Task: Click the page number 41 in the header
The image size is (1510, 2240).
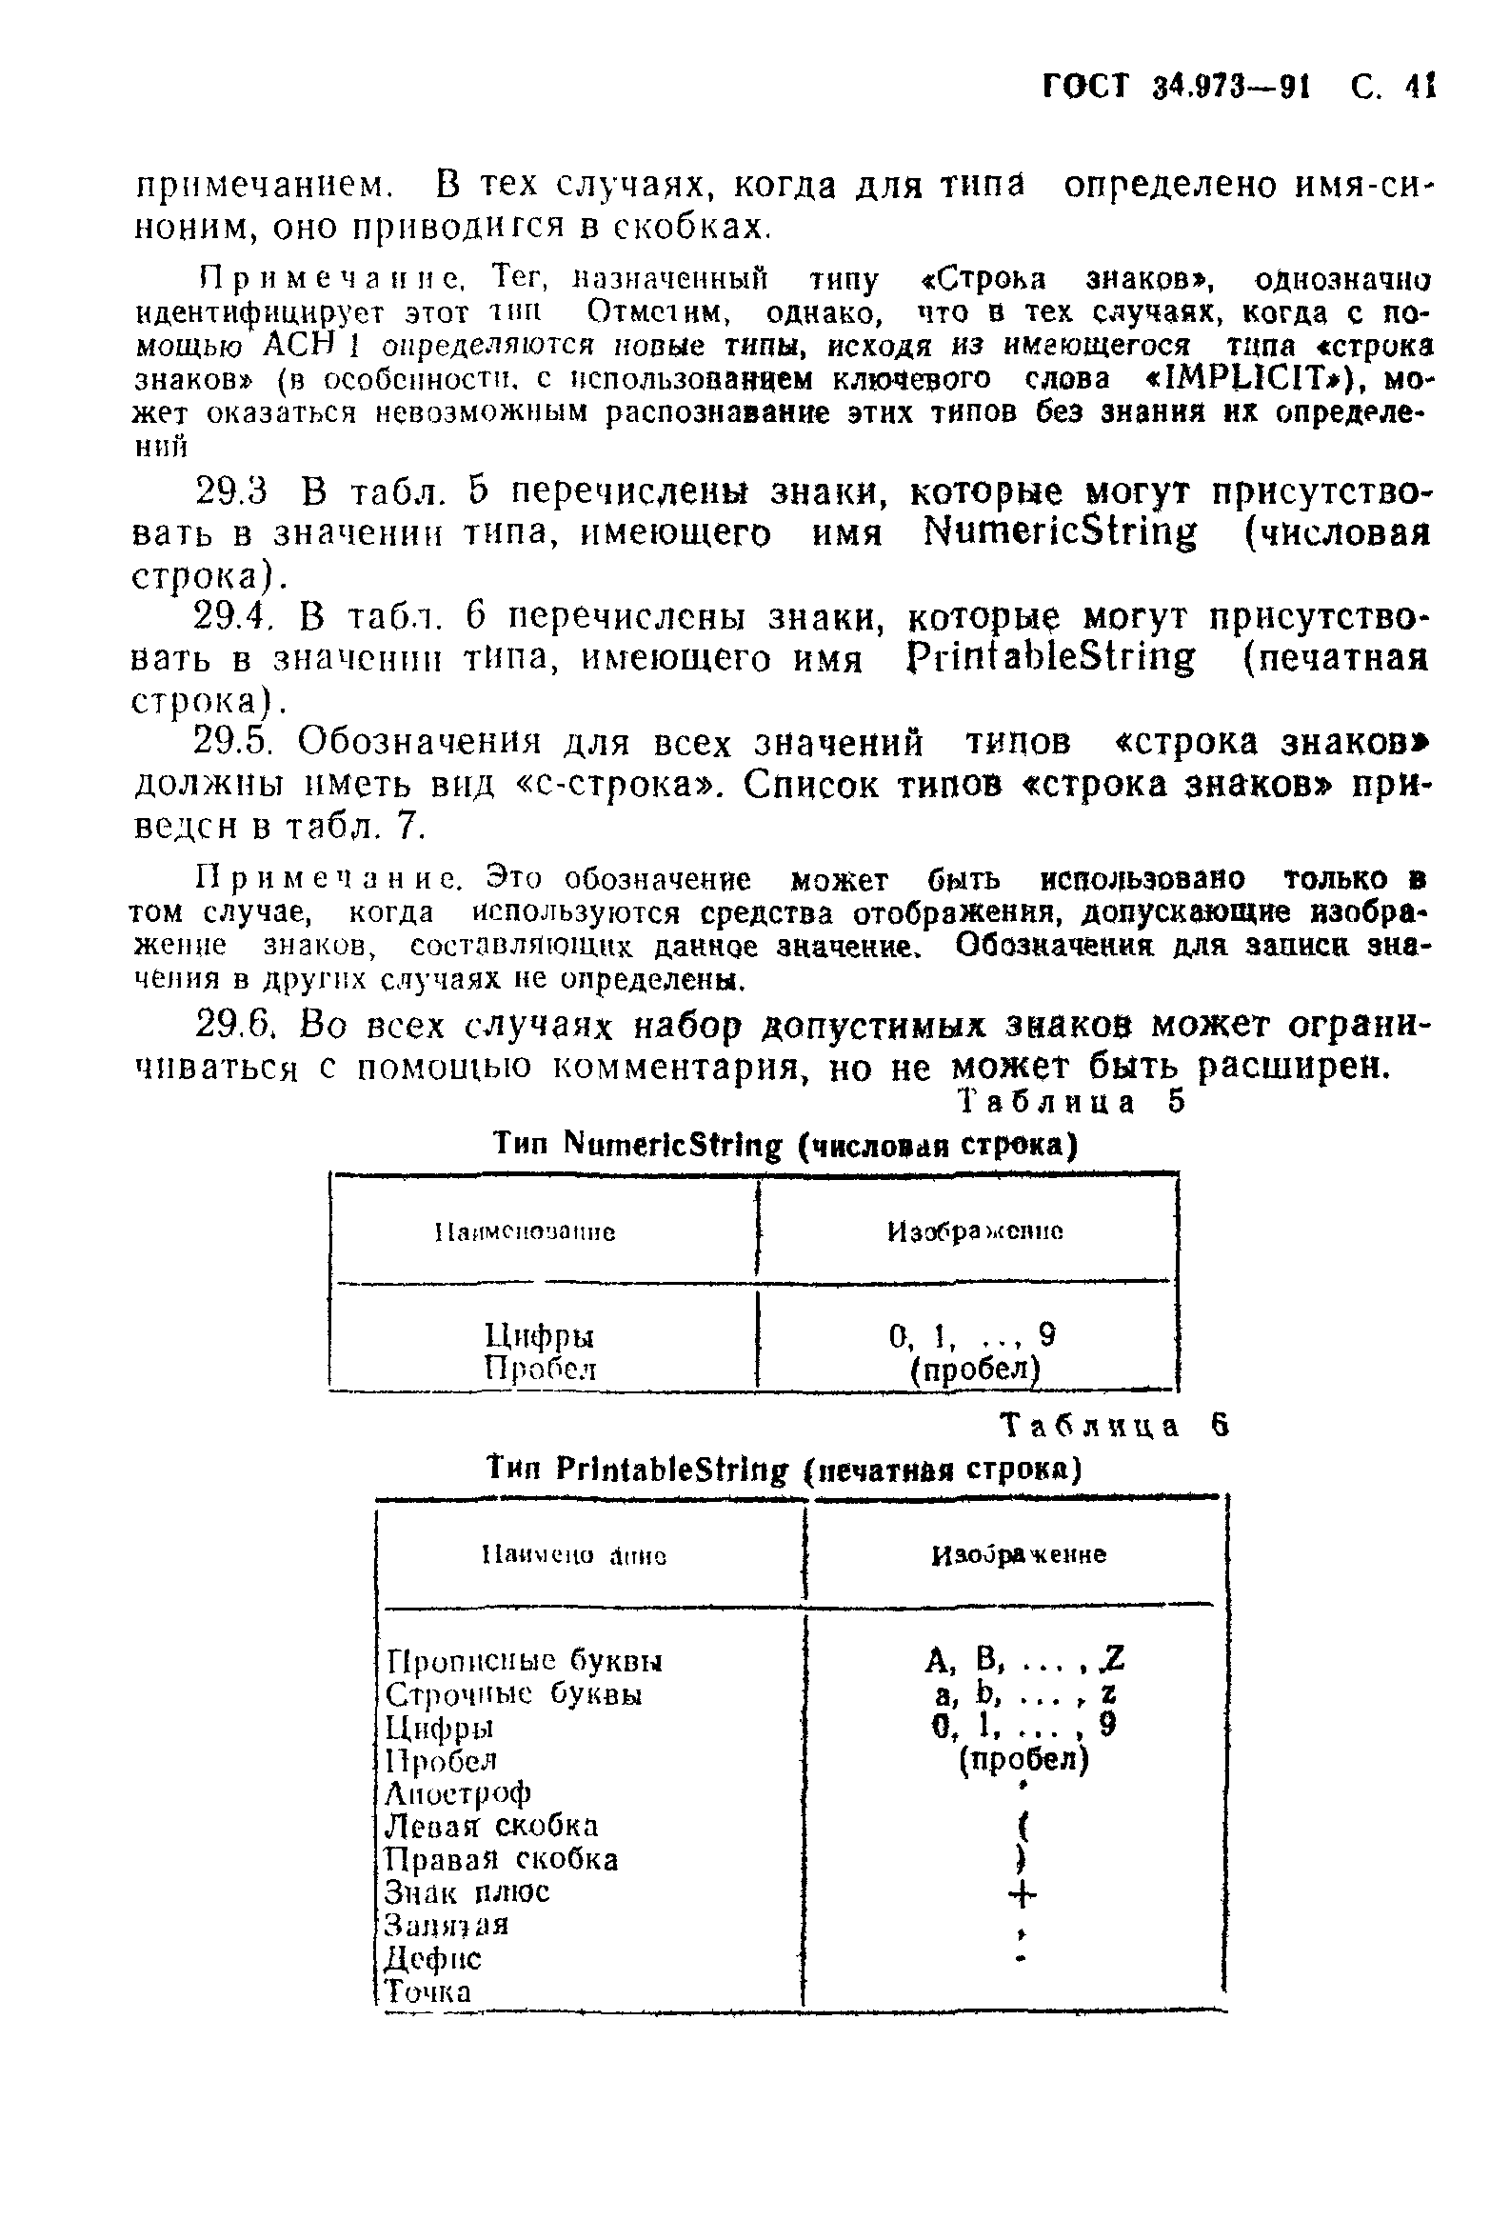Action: tap(1419, 87)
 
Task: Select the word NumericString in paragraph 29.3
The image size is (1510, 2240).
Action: tap(1061, 531)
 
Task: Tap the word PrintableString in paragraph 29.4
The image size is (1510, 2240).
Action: tap(1051, 657)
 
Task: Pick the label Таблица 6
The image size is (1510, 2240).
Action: tap(1114, 1425)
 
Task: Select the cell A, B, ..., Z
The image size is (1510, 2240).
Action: tap(1023, 1659)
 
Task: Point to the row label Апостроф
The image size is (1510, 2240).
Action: tap(457, 1792)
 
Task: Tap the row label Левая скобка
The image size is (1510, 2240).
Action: tap(491, 1826)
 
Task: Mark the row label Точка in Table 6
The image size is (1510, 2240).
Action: tap(427, 1991)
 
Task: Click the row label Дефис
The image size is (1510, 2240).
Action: tap(432, 1958)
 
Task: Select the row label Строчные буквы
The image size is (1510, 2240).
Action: tap(513, 1694)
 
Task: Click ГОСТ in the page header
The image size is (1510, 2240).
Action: tap(1085, 87)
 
